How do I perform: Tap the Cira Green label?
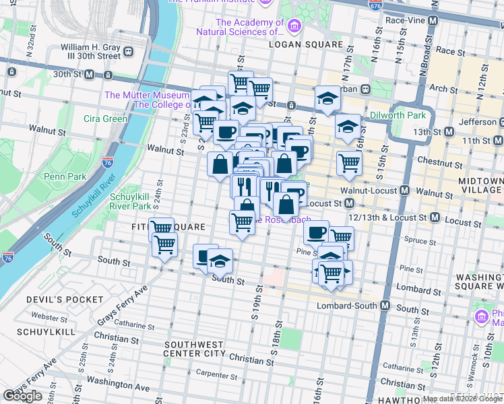(106, 119)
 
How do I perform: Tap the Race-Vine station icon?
(433, 21)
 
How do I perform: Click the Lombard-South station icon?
(385, 306)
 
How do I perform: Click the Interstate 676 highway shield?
(375, 5)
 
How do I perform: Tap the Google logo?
(22, 396)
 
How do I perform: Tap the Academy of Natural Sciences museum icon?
(293, 26)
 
